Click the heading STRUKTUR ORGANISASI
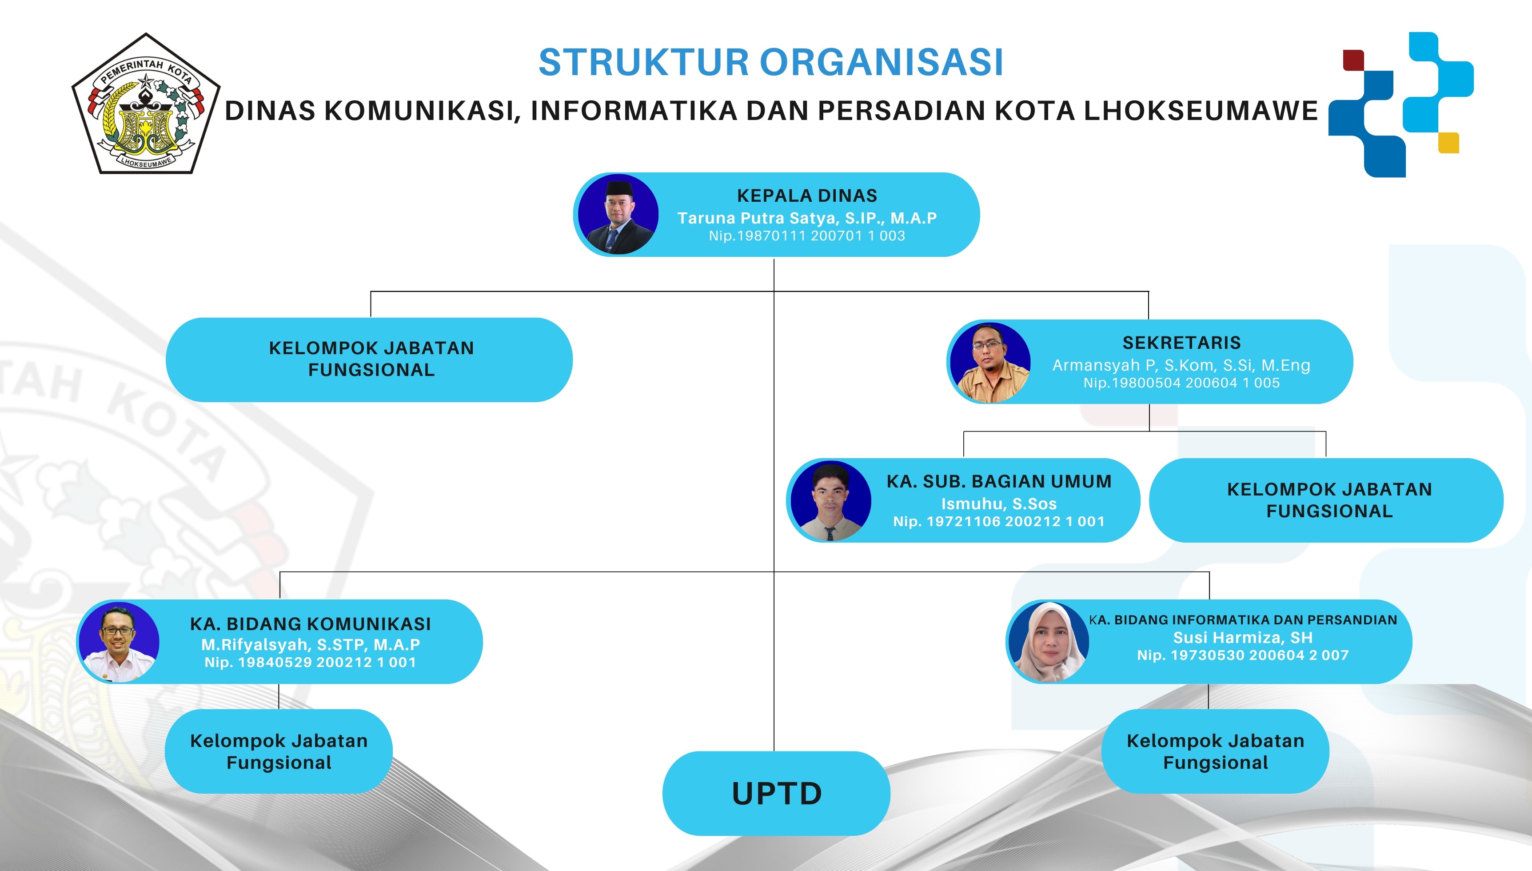coord(771,62)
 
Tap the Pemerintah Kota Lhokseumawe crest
coord(146,104)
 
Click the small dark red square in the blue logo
coord(1353,60)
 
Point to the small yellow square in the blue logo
coord(1448,142)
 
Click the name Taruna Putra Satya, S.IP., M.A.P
coord(807,218)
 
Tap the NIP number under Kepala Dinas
coord(807,236)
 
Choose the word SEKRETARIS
coord(1181,343)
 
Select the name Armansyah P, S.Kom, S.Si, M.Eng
coord(1181,365)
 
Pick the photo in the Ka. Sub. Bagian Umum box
coord(830,501)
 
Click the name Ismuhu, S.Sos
coord(999,503)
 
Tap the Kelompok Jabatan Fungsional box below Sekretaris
coord(1326,500)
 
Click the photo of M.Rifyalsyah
coord(119,642)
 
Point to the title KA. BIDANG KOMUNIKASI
coord(310,624)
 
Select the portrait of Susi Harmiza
coord(1049,642)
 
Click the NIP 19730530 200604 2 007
coord(1243,655)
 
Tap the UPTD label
coord(777,794)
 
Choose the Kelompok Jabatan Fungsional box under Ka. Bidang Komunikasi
coord(279,751)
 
